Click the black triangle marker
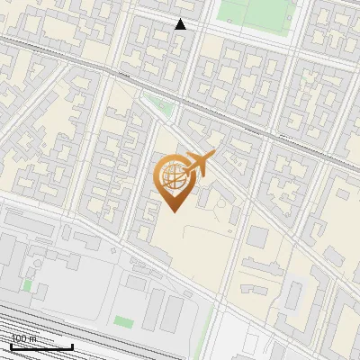click(180, 24)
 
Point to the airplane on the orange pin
click(198, 165)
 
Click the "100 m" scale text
click(24, 337)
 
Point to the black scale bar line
click(41, 346)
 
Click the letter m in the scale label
click(34, 337)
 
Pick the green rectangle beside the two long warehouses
click(124, 321)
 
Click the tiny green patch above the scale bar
click(27, 285)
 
